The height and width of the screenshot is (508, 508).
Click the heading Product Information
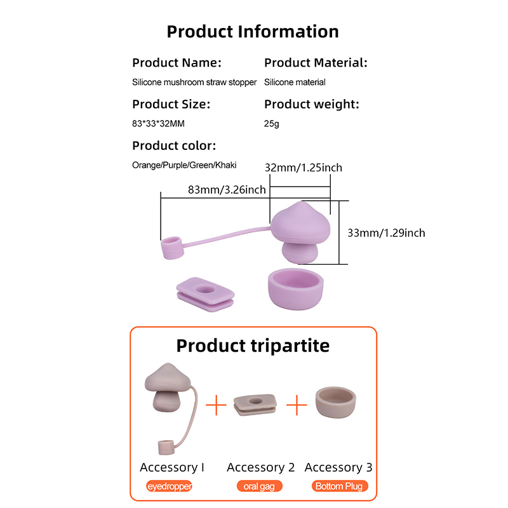click(x=253, y=31)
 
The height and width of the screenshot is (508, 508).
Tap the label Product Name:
click(x=177, y=63)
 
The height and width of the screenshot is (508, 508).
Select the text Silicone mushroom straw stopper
click(x=194, y=82)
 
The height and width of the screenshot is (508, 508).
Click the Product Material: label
click(x=316, y=63)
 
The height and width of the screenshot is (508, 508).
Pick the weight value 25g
click(x=271, y=123)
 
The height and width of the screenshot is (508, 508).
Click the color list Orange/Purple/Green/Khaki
click(x=184, y=164)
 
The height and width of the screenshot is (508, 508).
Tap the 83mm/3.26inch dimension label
click(x=227, y=189)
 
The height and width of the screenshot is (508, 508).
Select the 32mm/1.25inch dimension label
click(x=303, y=168)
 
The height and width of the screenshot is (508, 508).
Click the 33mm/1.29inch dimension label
click(x=386, y=232)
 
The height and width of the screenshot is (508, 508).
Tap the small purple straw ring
click(x=172, y=248)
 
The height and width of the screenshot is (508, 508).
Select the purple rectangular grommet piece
click(x=203, y=294)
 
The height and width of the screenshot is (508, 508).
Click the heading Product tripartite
click(x=253, y=345)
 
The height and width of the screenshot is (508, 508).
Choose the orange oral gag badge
click(x=260, y=486)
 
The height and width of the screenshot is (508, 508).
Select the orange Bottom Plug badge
click(x=339, y=486)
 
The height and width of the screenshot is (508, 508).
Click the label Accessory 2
click(x=260, y=467)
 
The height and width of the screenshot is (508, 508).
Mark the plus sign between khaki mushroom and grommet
click(x=217, y=404)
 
